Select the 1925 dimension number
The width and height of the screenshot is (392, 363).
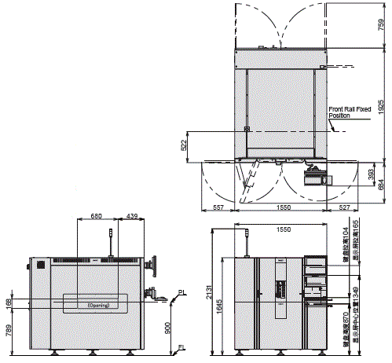click(x=381, y=108)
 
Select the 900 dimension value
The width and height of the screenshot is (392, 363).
click(x=167, y=328)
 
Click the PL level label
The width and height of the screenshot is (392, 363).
click(x=182, y=292)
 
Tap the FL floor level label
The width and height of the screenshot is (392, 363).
click(x=181, y=346)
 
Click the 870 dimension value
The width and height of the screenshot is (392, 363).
click(x=346, y=324)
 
